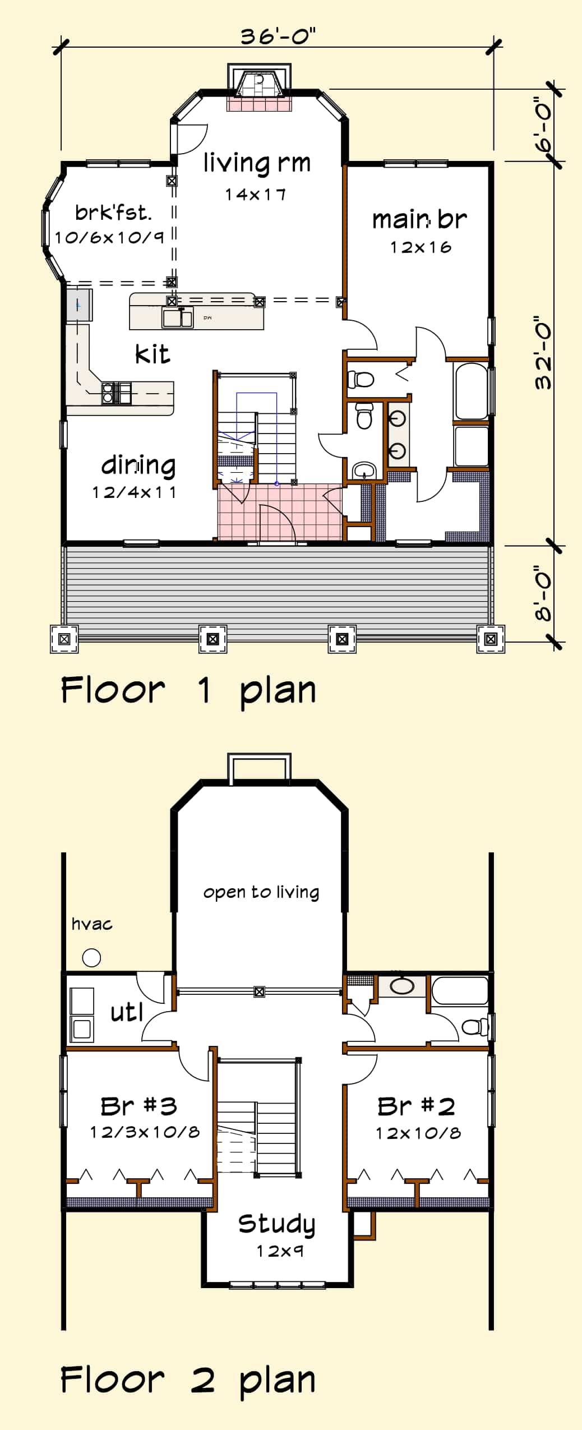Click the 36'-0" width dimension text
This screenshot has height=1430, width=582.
[x=278, y=36]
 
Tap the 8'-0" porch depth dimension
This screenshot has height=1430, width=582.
[x=543, y=596]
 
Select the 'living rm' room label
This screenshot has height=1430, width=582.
[x=257, y=163]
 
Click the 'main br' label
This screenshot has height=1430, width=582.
[x=419, y=219]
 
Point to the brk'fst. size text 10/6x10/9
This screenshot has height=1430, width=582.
[x=109, y=237]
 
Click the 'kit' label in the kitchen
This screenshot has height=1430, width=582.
[x=152, y=354]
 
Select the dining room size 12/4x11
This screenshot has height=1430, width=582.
[x=134, y=492]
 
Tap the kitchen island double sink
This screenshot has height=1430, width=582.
[x=177, y=317]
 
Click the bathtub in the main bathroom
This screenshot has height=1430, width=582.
[x=472, y=391]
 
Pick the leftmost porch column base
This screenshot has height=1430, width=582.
[x=64, y=639]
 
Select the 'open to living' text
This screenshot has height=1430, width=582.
[x=261, y=892]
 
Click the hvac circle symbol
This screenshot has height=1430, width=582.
[x=91, y=958]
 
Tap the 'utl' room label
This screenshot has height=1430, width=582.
[x=127, y=1012]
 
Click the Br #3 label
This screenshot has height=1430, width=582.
[x=139, y=1106]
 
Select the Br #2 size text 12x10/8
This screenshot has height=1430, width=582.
[x=418, y=1133]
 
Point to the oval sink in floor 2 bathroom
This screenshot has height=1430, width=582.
[x=402, y=986]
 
